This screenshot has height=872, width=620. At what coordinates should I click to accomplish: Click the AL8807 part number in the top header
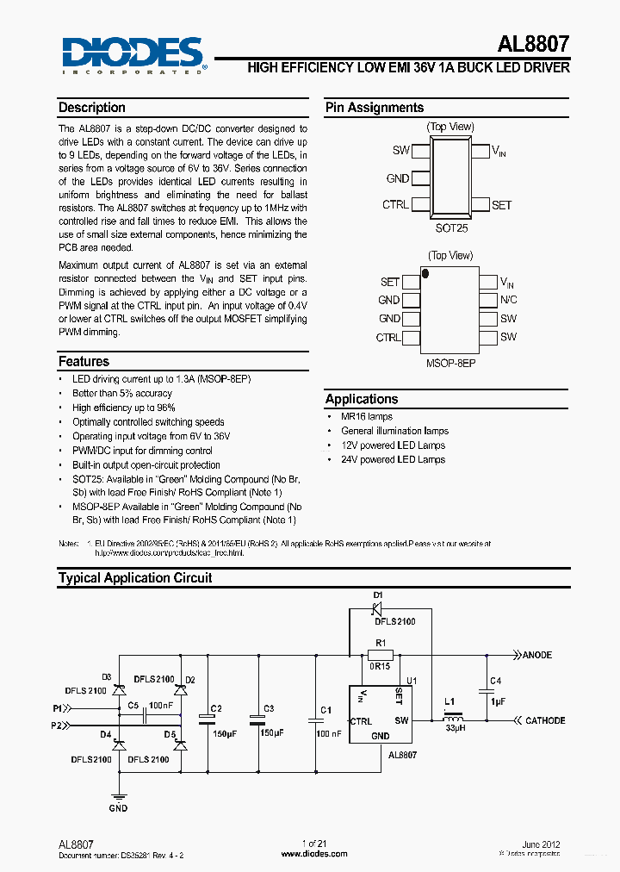click(533, 44)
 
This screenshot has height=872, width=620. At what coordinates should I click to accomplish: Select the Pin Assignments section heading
click(374, 108)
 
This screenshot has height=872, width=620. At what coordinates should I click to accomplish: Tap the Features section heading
click(84, 362)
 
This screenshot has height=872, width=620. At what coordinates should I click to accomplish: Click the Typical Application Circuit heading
click(134, 578)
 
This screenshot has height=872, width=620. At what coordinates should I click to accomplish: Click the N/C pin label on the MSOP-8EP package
click(509, 300)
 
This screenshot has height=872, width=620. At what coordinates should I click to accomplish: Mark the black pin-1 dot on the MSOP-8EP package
click(425, 273)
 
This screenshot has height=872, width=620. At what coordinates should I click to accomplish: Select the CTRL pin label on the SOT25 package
click(395, 205)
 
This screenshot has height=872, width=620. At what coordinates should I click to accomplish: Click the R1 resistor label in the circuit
click(380, 642)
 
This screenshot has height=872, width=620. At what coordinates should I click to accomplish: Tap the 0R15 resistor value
click(381, 666)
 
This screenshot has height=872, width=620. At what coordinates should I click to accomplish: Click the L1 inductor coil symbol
click(453, 720)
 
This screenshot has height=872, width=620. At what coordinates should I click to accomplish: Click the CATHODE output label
click(545, 720)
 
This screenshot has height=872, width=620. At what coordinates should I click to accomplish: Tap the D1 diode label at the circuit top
click(377, 595)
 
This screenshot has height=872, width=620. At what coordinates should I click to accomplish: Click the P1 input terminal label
click(58, 708)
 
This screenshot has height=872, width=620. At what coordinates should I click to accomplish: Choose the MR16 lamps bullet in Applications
click(366, 416)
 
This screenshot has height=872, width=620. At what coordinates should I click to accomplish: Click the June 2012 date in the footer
click(541, 845)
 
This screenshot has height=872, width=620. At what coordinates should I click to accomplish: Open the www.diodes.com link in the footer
click(314, 854)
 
